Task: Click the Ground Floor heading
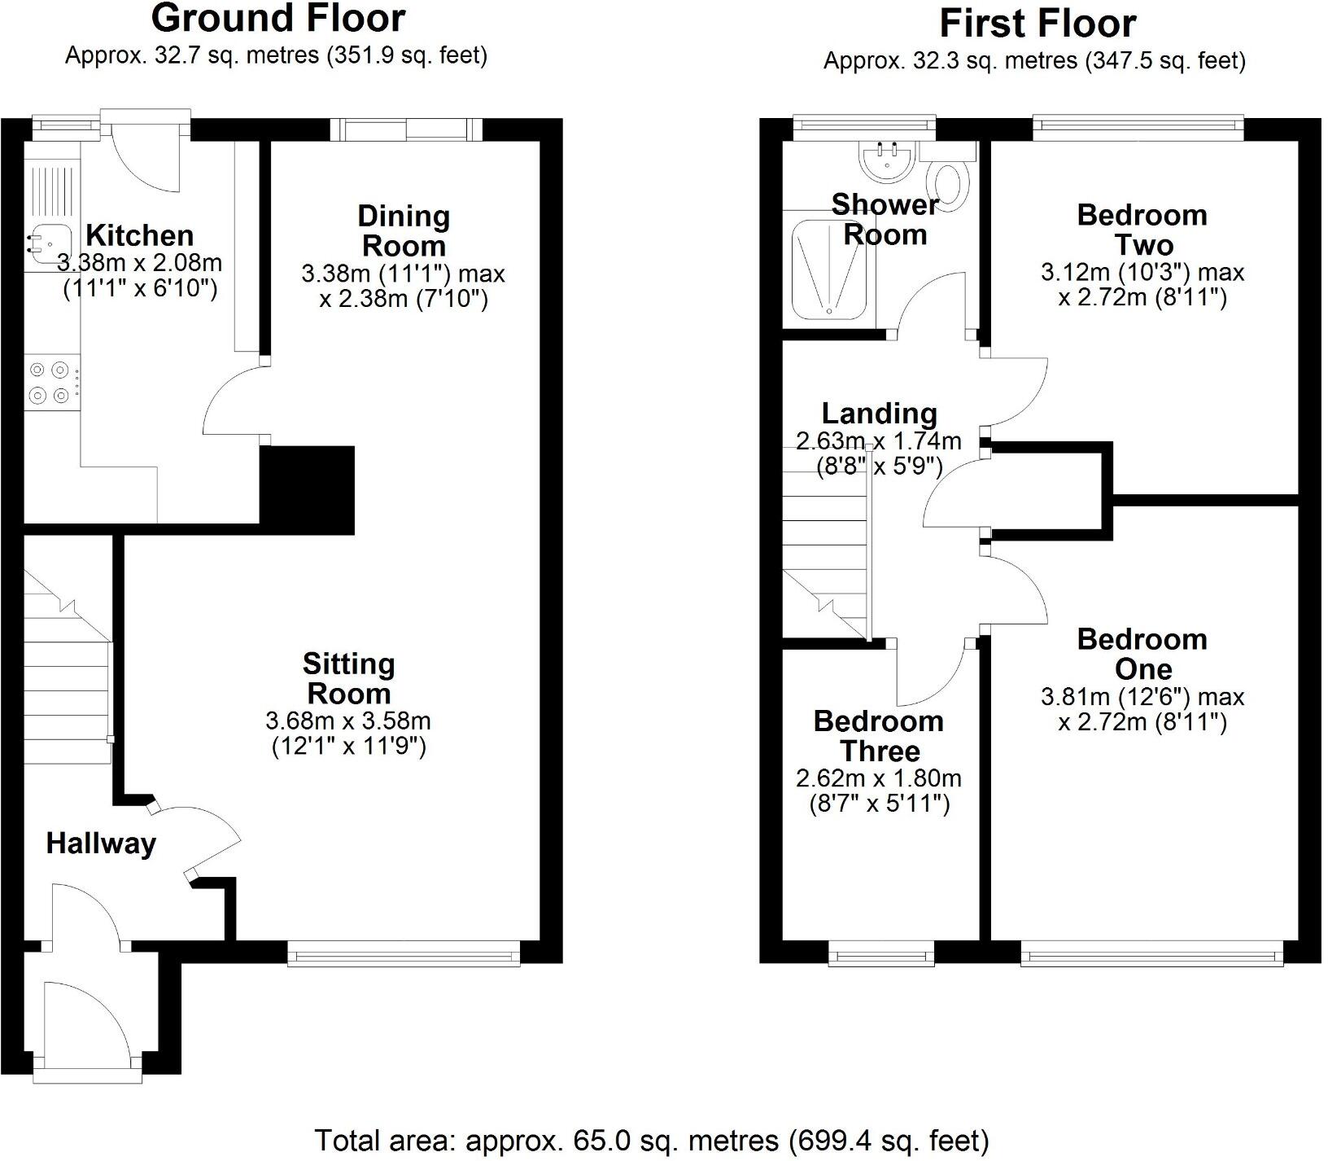pos(277,18)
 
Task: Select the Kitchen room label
pos(139,235)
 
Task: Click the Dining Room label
pos(404,230)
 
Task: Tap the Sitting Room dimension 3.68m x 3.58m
pos(348,721)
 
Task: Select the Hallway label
pos(101,843)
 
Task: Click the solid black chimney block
pos(308,488)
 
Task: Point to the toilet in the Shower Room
pos(949,182)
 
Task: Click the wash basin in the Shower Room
pos(888,160)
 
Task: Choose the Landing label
pos(879,414)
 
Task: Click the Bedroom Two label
pos(1142,230)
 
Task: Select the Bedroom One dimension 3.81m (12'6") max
pos(1142,697)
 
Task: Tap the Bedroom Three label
pos(879,735)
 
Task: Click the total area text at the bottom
pos(651,1140)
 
